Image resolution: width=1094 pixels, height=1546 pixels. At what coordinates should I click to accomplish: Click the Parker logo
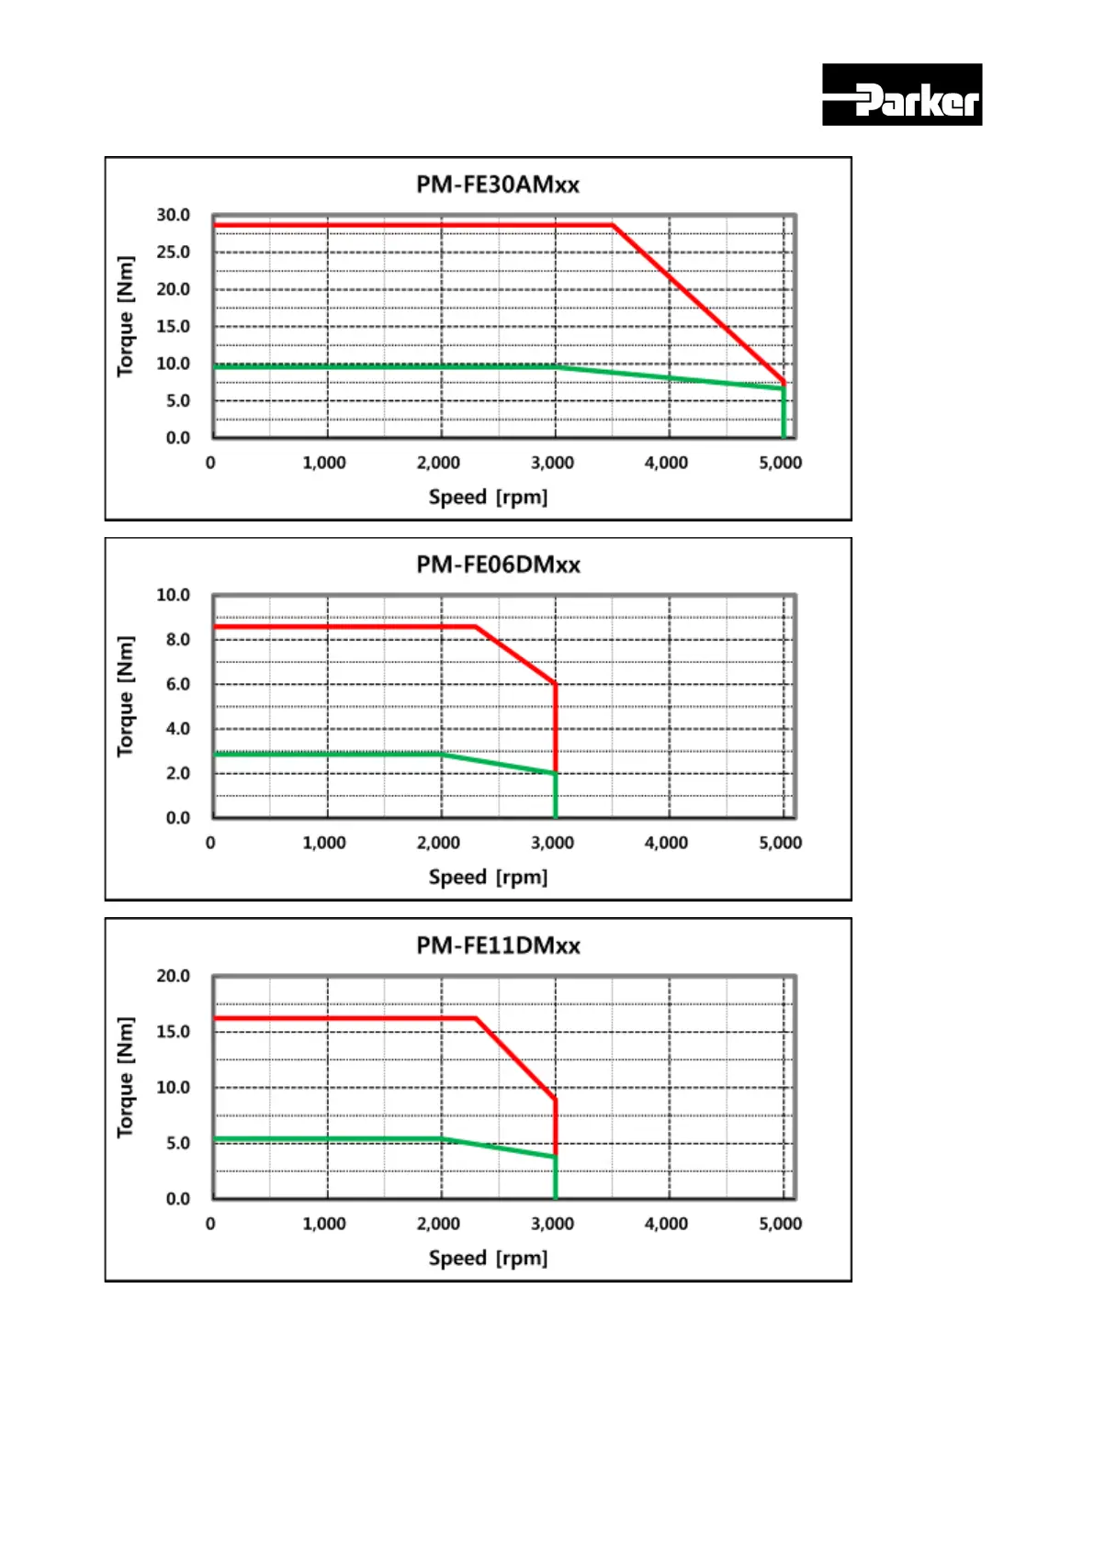coord(901,95)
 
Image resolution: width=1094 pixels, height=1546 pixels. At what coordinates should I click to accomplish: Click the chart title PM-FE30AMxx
coord(497,185)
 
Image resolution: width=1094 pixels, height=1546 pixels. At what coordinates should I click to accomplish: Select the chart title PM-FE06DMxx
coord(498,565)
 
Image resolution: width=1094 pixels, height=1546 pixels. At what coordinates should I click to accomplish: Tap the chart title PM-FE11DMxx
coord(498,946)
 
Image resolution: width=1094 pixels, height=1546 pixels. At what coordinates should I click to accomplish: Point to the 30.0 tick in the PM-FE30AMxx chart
coord(173,215)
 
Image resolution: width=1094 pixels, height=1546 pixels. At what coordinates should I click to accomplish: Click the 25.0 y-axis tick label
coord(173,252)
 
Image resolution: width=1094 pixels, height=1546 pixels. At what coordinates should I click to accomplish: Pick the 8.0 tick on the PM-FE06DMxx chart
coord(177,640)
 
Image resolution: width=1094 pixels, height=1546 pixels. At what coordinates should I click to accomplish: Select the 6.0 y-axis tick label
coord(177,684)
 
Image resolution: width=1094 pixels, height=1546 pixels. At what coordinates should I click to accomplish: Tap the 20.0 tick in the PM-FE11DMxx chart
coord(173,976)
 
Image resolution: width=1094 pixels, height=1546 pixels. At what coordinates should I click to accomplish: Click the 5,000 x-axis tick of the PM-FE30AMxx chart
coord(780,463)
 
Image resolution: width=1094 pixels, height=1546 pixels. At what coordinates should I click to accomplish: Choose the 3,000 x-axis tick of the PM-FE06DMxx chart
coord(552,843)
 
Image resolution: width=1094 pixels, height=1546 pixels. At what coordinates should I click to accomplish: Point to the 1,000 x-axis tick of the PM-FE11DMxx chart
coord(324,1224)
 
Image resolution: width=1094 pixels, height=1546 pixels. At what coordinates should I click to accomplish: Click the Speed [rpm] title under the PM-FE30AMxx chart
coord(488,498)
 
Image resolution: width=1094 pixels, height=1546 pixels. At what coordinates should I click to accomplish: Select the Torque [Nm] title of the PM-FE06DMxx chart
coord(126,697)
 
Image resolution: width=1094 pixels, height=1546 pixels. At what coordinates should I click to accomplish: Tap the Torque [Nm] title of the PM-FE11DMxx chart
coord(126,1078)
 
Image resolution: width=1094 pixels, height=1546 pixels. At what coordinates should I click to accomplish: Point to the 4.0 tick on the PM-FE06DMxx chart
coord(177,729)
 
